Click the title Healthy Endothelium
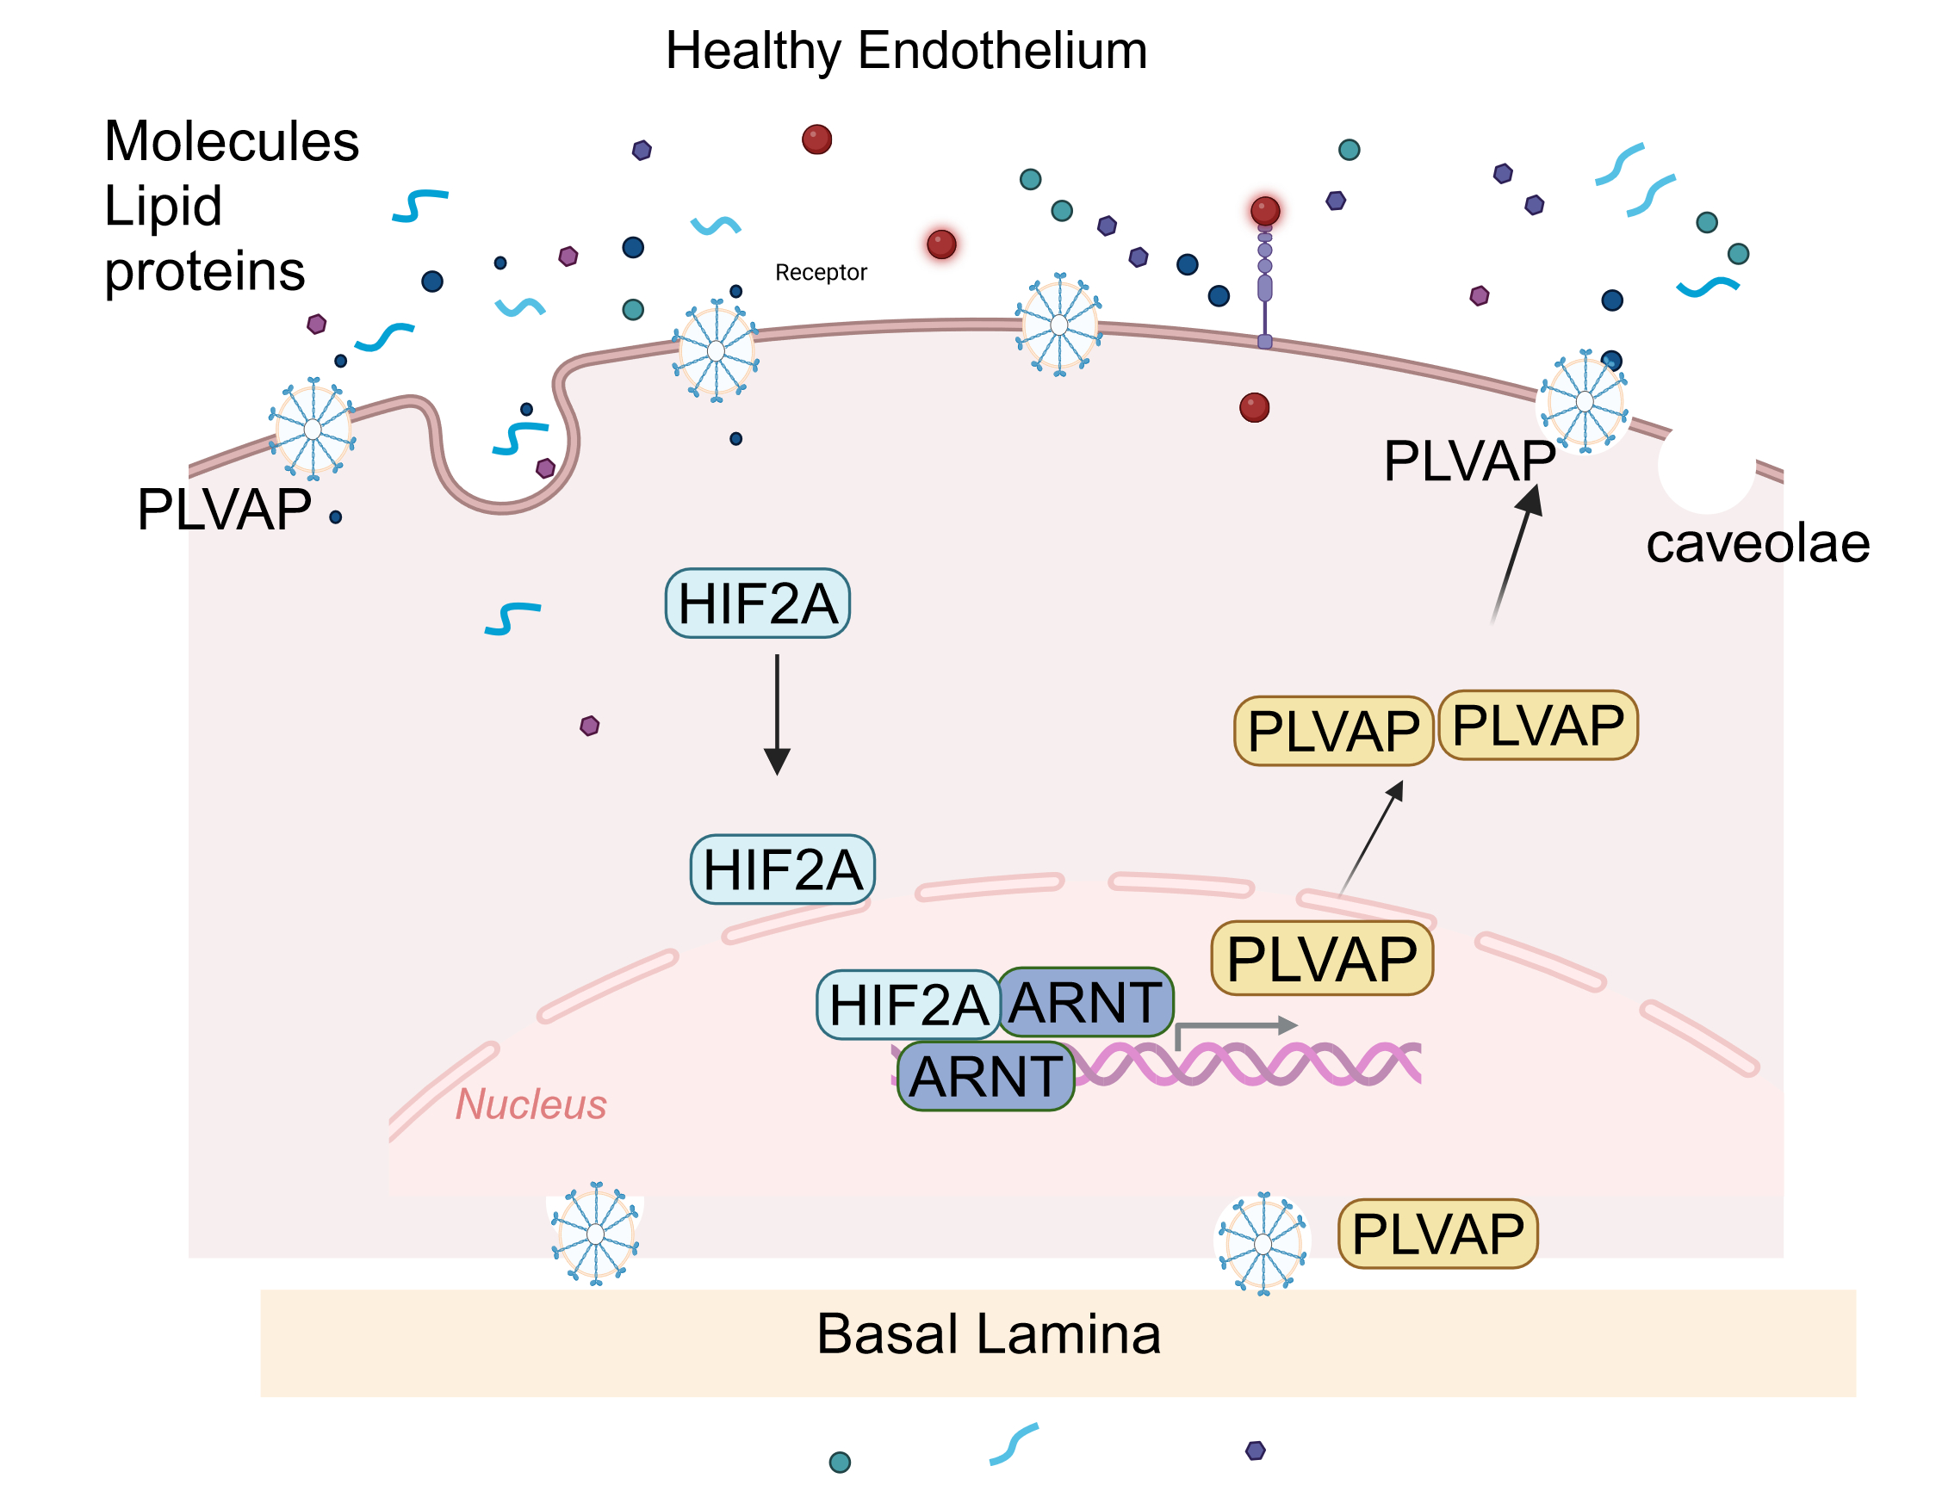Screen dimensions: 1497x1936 (x=905, y=51)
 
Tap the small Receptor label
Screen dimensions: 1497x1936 (x=820, y=272)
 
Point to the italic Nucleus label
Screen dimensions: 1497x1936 (x=531, y=1104)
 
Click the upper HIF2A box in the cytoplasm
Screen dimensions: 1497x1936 (x=757, y=603)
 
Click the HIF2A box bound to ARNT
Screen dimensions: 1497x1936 (x=908, y=1005)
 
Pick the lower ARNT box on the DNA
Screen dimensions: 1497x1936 (x=985, y=1076)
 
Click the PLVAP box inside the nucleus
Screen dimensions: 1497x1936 (x=1321, y=958)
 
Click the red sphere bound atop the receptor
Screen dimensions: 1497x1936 (x=1264, y=211)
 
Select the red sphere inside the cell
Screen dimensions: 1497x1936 (x=1253, y=408)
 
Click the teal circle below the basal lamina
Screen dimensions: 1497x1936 (x=839, y=1462)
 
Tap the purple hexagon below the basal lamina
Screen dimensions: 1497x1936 (x=1255, y=1450)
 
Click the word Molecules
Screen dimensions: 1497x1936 (x=232, y=141)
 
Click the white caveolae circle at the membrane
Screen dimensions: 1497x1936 (x=1705, y=467)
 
